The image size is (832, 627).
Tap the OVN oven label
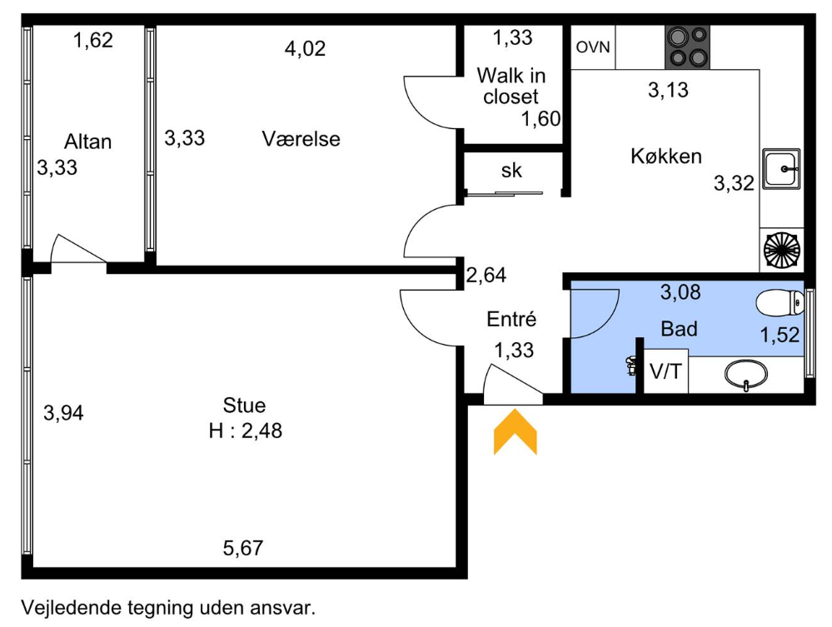(x=593, y=47)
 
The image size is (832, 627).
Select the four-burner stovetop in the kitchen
(x=687, y=47)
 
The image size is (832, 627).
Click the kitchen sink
(x=781, y=169)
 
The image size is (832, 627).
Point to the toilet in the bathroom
(x=780, y=303)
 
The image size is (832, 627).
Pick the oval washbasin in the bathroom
(x=745, y=375)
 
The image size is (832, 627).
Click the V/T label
(x=665, y=371)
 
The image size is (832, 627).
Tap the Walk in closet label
(x=511, y=86)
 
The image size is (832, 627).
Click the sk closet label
(x=511, y=171)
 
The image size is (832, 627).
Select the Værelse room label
(x=301, y=139)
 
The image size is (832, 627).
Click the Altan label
(x=87, y=142)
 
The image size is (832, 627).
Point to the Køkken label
(x=666, y=156)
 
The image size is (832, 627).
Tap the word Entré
(x=511, y=319)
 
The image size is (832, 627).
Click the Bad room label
(x=679, y=329)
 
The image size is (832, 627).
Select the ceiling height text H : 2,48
(x=245, y=430)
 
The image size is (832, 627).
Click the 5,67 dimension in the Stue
(x=243, y=548)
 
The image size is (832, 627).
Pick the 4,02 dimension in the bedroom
(x=305, y=49)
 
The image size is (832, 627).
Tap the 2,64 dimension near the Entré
(x=486, y=275)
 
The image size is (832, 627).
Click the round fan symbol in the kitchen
(x=781, y=251)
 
